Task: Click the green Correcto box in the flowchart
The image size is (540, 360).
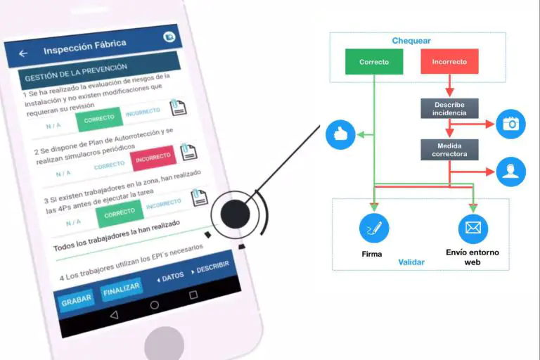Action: (x=374, y=62)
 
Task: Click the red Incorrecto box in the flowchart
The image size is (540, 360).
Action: (x=449, y=62)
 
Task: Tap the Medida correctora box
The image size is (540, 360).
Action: (x=449, y=149)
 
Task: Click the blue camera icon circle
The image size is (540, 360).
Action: (x=510, y=124)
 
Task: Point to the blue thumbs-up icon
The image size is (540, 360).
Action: (x=341, y=134)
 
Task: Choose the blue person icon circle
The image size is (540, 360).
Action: (x=510, y=172)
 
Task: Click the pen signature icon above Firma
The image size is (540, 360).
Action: (x=374, y=229)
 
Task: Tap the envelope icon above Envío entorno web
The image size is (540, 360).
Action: (x=472, y=229)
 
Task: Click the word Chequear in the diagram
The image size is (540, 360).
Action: (x=411, y=41)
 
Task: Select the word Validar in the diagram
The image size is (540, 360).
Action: (x=411, y=262)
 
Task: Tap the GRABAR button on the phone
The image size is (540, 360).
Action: (x=76, y=300)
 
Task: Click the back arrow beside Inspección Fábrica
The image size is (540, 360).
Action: (x=23, y=53)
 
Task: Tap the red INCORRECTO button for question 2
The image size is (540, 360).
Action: (x=153, y=158)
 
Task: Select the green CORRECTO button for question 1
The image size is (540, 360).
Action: (x=99, y=119)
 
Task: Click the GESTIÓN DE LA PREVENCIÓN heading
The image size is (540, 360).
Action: (x=75, y=68)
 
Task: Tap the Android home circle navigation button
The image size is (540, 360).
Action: (x=155, y=305)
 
